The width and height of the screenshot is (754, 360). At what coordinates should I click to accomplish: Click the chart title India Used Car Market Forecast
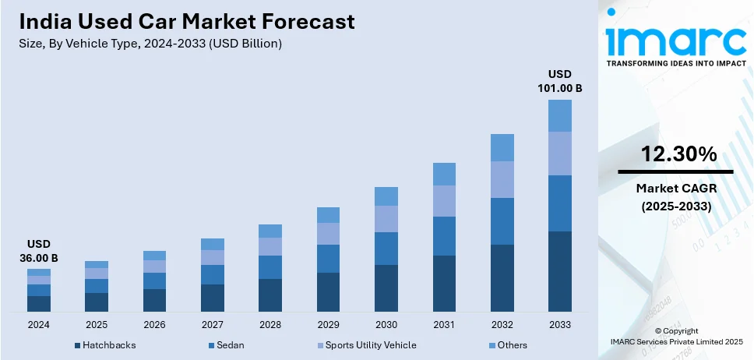click(186, 21)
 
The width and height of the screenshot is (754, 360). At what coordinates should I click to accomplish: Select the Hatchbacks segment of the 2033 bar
click(559, 271)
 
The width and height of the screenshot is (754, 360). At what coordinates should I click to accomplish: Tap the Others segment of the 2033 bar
click(559, 115)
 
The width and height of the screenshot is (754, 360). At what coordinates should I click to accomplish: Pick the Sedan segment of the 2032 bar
click(502, 221)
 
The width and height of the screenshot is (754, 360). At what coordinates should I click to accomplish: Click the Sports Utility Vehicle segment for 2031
click(444, 201)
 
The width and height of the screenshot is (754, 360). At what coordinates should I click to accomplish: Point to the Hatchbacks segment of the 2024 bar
click(39, 304)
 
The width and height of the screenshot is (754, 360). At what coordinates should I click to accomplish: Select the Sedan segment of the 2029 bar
click(328, 259)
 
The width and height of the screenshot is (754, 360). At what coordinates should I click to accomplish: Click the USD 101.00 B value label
click(559, 81)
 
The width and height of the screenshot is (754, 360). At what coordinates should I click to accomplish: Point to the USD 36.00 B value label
click(39, 251)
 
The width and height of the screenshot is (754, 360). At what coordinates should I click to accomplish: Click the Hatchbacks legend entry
click(110, 345)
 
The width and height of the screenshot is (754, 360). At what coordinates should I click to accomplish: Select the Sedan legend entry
click(232, 345)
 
